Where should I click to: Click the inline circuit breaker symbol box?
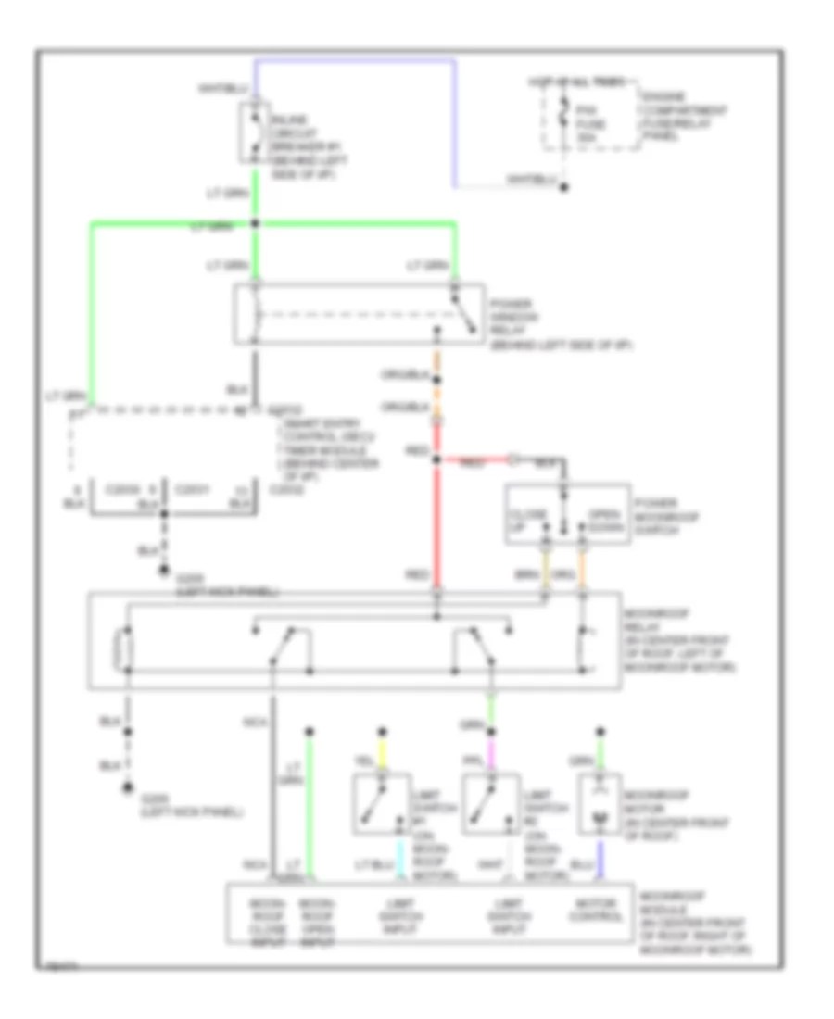[x=255, y=132]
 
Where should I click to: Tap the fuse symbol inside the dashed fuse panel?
[x=562, y=119]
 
